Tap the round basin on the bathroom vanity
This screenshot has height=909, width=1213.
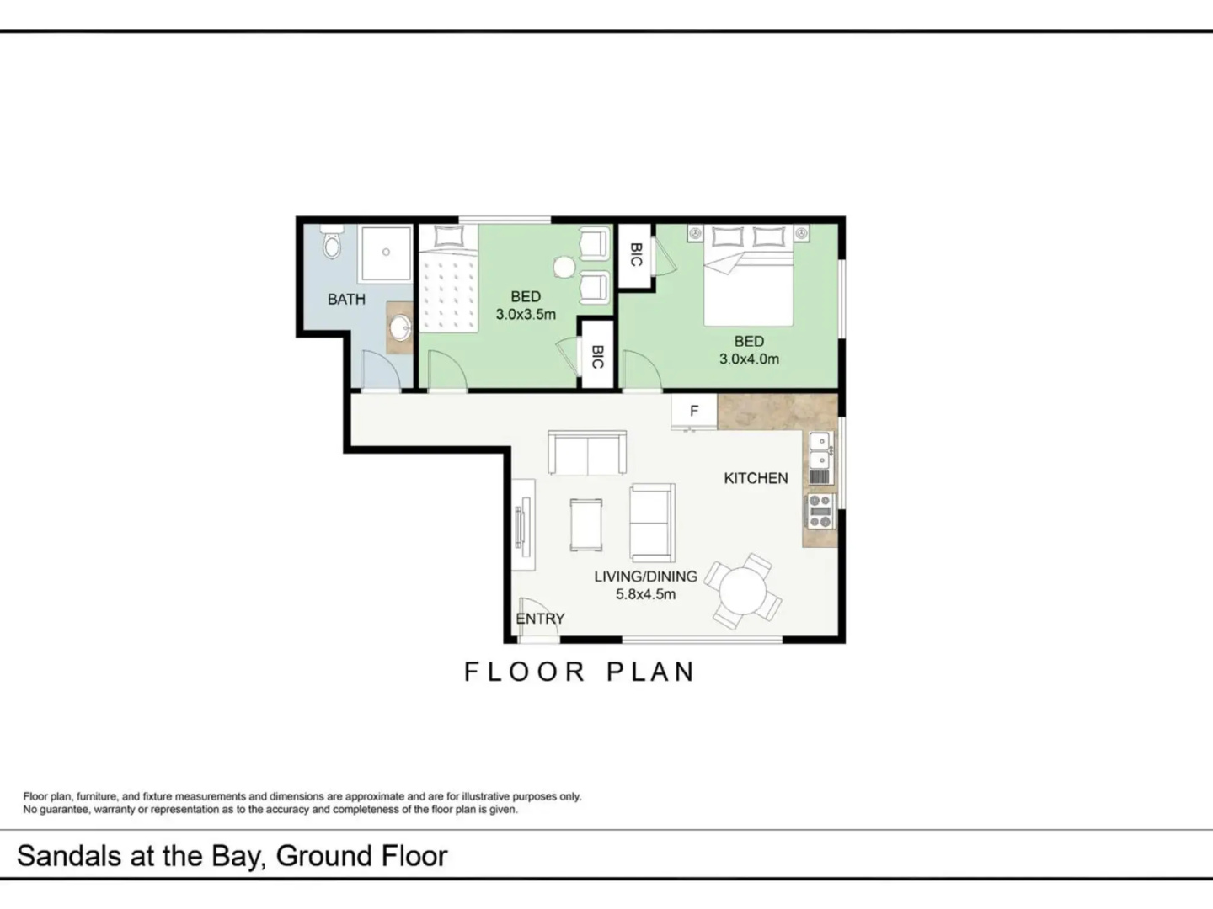(401, 328)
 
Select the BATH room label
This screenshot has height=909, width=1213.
(346, 299)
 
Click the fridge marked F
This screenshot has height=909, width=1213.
(694, 412)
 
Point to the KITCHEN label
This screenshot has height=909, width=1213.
(756, 478)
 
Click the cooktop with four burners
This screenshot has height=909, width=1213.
(820, 512)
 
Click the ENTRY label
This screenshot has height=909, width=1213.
(540, 619)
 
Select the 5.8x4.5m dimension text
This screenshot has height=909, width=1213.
(645, 594)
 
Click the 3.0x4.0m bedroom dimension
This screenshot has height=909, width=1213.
(749, 359)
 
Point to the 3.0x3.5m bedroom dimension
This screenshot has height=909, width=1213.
(526, 315)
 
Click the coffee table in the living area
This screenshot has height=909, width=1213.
(586, 524)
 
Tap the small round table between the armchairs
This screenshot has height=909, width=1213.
(564, 268)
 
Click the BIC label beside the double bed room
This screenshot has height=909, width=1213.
(635, 255)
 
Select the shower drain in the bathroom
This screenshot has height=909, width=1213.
(386, 252)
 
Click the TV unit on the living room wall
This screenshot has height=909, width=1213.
(523, 525)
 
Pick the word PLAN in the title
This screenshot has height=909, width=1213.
(650, 672)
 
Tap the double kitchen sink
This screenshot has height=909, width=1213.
(820, 449)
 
